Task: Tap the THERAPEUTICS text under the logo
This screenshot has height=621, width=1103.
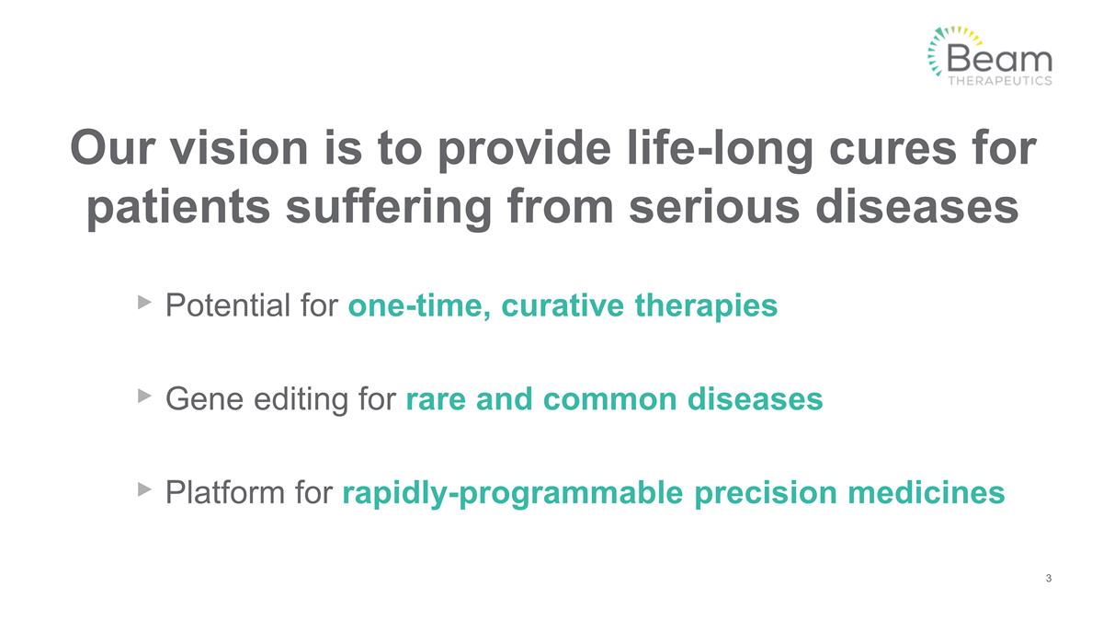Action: coord(999,80)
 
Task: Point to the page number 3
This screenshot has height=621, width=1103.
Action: coord(1049,578)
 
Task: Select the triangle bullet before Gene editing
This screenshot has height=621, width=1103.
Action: coord(143,396)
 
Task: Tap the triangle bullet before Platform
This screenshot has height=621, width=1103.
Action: coord(143,490)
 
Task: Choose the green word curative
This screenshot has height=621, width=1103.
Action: coord(563,305)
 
